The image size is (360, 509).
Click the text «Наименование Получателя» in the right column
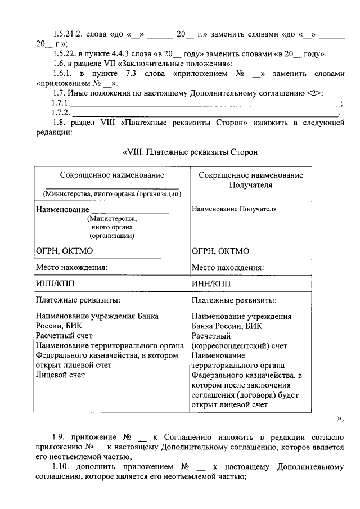tap(234, 209)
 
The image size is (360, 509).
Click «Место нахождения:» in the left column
tap(71, 268)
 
